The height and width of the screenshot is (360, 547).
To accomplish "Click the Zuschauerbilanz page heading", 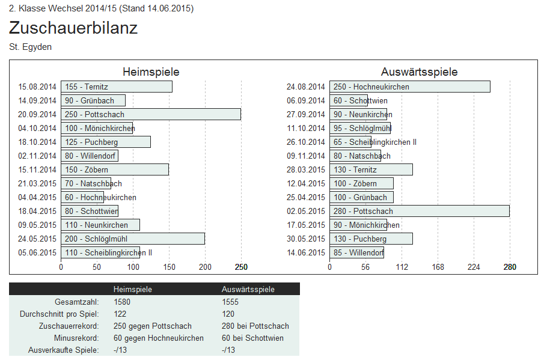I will tap(73, 28).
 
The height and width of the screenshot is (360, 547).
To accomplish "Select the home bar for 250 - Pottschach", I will tap(150, 114).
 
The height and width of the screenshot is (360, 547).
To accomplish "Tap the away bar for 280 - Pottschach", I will tap(419, 211).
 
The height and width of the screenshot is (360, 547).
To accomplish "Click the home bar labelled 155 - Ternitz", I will tap(116, 87).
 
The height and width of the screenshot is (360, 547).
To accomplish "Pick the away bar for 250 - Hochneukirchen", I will tap(409, 87).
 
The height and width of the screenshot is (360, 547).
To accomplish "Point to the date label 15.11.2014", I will tap(37, 169).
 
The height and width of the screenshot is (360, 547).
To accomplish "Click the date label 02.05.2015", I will tap(306, 211).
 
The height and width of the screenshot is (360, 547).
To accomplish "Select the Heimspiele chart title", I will tap(151, 72).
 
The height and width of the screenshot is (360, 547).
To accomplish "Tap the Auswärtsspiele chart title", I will tap(419, 72).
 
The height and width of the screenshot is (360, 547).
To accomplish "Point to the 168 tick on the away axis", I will tap(438, 267).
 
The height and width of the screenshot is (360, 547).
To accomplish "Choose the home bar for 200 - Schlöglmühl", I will tap(132, 239).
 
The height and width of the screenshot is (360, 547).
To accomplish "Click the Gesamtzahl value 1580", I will tap(122, 302).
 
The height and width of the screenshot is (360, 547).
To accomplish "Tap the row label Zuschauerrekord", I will tap(69, 326).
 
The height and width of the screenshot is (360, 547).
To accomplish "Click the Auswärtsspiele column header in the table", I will tap(248, 289).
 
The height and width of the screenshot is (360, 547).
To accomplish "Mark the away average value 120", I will tap(228, 314).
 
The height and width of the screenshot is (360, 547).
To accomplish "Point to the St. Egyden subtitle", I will tap(31, 47).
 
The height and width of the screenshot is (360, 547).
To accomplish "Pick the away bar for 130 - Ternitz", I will tap(371, 169).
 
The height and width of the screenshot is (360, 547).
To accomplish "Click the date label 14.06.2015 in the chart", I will tap(306, 252).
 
